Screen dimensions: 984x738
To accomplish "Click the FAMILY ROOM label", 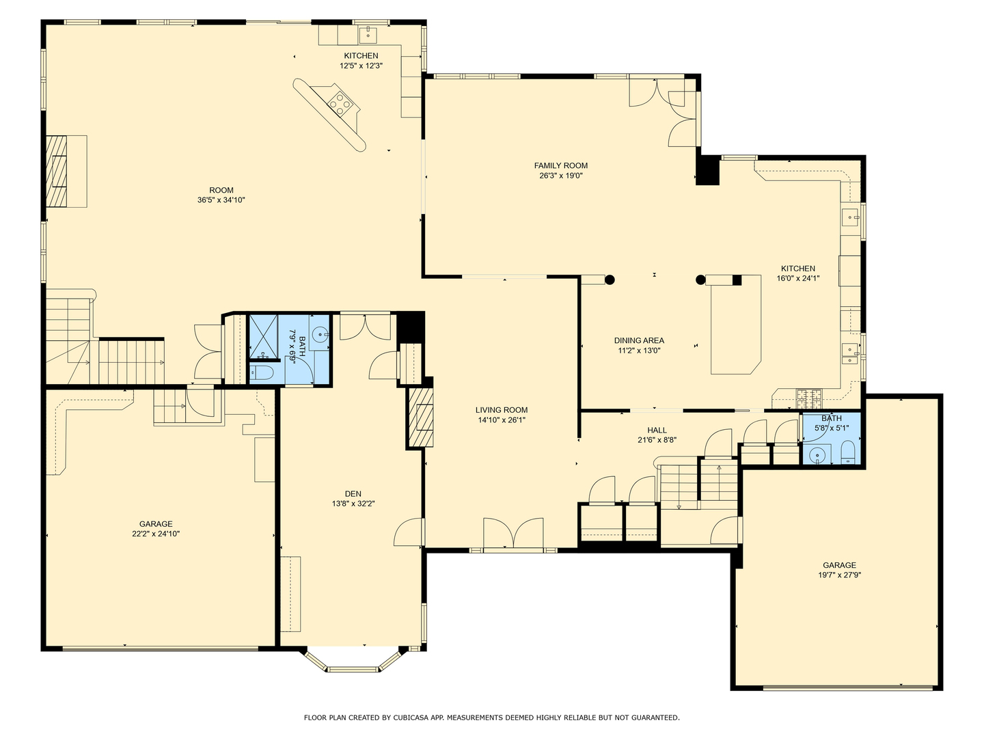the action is click(x=560, y=166).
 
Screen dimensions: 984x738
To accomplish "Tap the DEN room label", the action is click(x=353, y=494).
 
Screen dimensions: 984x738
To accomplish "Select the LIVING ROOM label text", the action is click(x=501, y=410).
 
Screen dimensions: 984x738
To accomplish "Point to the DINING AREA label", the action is click(x=639, y=340).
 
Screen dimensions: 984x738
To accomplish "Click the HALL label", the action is click(x=657, y=430).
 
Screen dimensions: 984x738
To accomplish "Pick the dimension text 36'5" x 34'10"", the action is click(x=221, y=200).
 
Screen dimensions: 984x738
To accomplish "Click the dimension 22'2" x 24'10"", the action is click(x=156, y=534).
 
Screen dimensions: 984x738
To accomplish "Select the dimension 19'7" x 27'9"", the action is click(x=839, y=575).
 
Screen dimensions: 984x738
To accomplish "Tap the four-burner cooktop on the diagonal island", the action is click(x=339, y=104).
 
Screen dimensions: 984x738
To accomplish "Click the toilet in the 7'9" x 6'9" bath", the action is click(x=260, y=373).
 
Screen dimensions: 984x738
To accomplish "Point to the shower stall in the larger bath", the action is click(x=264, y=338).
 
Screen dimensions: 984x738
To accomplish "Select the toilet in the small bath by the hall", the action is click(x=848, y=452).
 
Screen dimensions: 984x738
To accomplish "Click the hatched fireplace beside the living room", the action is click(x=421, y=417).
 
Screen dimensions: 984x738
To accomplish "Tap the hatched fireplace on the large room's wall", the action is click(x=57, y=171).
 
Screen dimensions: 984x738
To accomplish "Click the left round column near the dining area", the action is click(x=610, y=279).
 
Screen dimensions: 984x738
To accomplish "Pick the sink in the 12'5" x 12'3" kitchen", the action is click(x=368, y=33).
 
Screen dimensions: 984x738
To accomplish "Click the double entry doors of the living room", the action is click(x=513, y=533).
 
